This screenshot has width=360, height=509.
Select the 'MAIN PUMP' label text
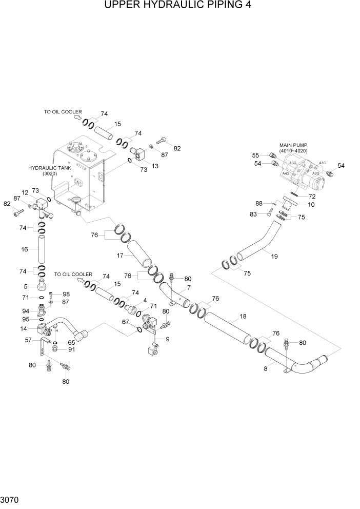click(x=294, y=145)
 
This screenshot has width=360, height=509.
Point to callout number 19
click(x=274, y=256)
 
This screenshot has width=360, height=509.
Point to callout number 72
click(x=311, y=197)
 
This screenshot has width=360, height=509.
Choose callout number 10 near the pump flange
click(x=311, y=205)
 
